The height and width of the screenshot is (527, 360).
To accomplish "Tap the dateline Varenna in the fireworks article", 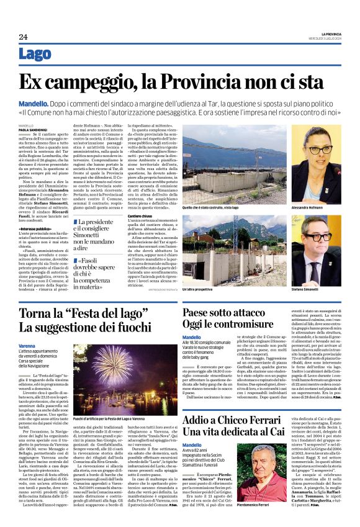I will (x=27, y=345).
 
